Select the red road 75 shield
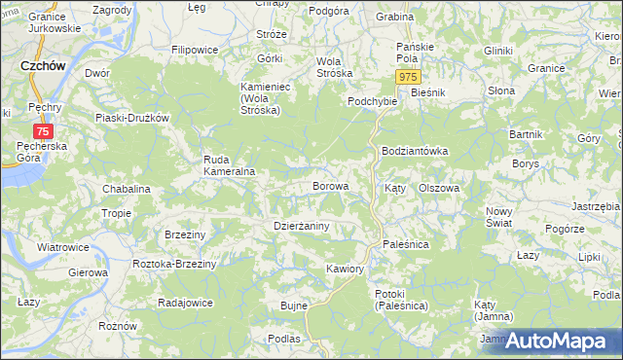click(43, 130)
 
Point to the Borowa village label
click(330, 185)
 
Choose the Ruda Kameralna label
click(229, 165)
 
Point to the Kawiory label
click(346, 268)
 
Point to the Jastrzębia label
click(596, 206)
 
